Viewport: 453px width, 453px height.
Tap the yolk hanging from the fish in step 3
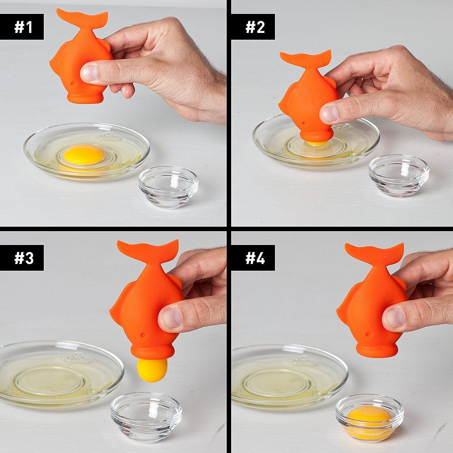(152, 370)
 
